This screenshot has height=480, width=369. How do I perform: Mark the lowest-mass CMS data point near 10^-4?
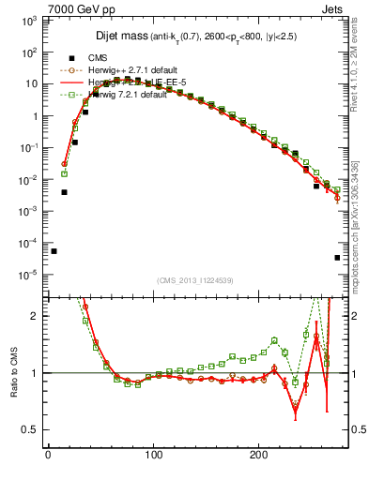click(54, 251)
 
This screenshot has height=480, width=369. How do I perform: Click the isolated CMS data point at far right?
click(337, 258)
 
